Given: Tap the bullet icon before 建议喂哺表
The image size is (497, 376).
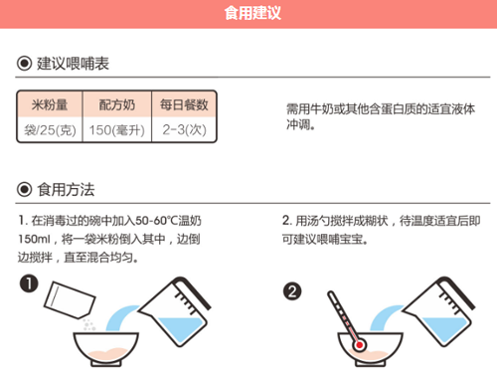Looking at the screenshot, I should click(24, 64).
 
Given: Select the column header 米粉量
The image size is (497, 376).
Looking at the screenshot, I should click(49, 104).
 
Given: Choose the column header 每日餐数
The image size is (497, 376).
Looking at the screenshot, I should click(183, 104).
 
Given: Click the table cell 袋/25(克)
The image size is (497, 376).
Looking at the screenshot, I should click(49, 130).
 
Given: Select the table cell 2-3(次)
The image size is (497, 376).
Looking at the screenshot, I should click(183, 130).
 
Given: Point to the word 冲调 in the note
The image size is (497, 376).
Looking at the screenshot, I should click(298, 125).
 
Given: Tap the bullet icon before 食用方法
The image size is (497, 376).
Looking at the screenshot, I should click(24, 189).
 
